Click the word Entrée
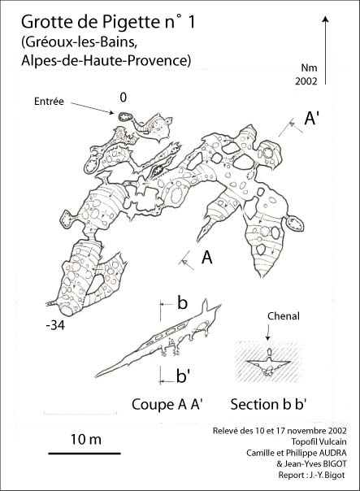(x=49, y=102)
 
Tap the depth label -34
(x=55, y=326)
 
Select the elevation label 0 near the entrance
(x=124, y=98)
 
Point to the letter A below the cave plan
(x=207, y=258)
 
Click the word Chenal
(x=284, y=316)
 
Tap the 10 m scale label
(x=86, y=439)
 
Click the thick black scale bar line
(x=85, y=453)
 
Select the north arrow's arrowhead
(x=326, y=20)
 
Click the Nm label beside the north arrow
(x=310, y=67)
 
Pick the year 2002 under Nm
(x=306, y=81)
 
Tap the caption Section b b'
(x=268, y=404)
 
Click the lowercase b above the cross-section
(x=182, y=302)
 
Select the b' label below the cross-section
(x=184, y=376)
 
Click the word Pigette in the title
(x=131, y=23)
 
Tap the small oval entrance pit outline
(x=125, y=117)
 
